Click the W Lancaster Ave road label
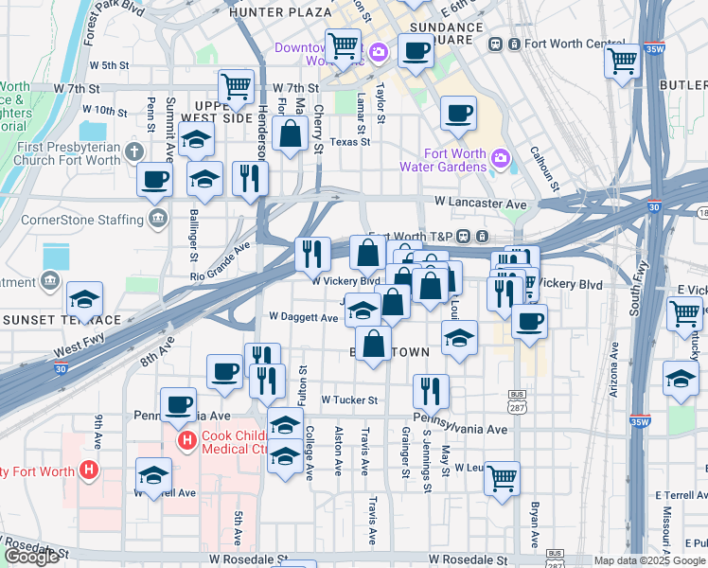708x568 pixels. pyautogui.click(x=480, y=204)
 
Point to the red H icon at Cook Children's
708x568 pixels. pyautogui.click(x=185, y=440)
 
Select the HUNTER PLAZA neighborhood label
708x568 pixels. pyautogui.click(x=280, y=12)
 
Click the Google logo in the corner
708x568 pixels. pyautogui.click(x=31, y=557)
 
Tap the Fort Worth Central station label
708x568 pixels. pyautogui.click(x=572, y=44)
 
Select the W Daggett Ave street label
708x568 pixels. pyautogui.click(x=303, y=317)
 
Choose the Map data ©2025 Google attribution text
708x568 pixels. pyautogui.click(x=649, y=560)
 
